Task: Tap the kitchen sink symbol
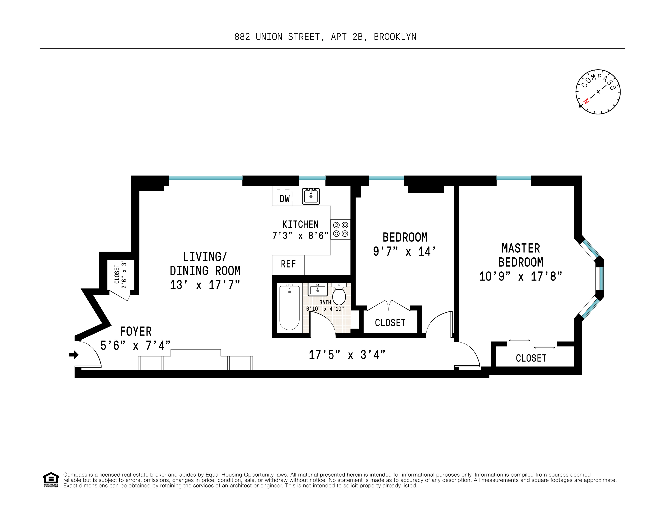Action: pos(311,196)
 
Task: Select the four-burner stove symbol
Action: pos(341,229)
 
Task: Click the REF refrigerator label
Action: pos(288,264)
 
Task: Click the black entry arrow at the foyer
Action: pos(74,354)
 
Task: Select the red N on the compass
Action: pos(586,101)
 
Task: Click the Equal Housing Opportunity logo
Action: pos(51,480)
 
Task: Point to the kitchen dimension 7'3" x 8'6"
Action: pos(300,236)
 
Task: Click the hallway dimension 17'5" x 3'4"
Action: pos(347,355)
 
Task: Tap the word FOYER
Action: pos(136,331)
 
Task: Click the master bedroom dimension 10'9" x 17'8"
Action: pos(520,276)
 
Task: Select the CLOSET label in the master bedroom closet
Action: pos(531,358)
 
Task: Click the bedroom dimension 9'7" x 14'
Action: pos(404,251)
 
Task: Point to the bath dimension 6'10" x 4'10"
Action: pos(325,309)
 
